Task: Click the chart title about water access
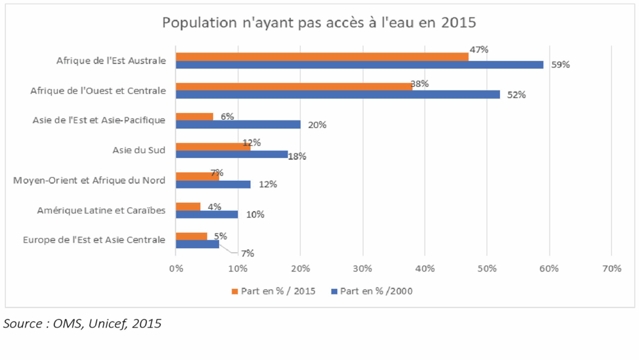319,23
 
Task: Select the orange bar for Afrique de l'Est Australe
321,57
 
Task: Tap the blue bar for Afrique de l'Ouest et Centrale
338,94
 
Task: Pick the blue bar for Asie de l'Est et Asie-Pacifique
238,124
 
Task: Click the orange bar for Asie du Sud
213,147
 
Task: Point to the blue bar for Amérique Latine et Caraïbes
207,214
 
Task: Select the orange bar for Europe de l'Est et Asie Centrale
191,236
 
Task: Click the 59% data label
560,64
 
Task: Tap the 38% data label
419,83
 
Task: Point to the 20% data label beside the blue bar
317,125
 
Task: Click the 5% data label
220,236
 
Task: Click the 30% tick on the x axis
362,269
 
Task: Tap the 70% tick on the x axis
612,269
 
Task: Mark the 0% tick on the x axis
176,269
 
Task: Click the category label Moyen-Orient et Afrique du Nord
89,181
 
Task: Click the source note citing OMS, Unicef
82,323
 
